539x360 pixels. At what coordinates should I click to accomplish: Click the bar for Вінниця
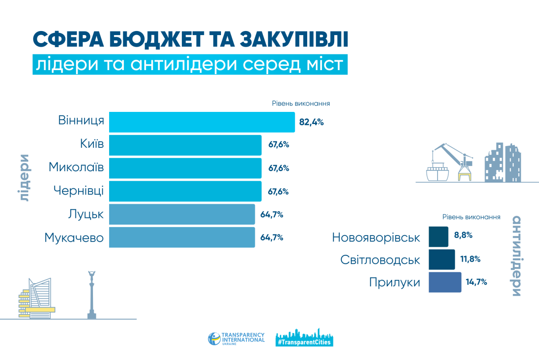point(202,122)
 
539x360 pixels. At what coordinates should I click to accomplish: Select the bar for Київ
point(185,145)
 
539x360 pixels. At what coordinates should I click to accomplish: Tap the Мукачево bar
point(182,237)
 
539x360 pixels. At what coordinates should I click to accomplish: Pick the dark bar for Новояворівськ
point(438,236)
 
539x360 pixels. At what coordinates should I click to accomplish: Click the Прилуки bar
point(445,282)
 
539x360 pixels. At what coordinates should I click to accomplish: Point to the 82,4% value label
point(311,122)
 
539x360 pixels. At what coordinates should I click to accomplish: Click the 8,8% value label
point(463,235)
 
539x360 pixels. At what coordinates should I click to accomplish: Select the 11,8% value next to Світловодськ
point(470,259)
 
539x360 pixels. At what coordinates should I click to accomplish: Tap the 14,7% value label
point(477,282)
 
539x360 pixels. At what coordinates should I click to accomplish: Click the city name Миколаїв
point(76,167)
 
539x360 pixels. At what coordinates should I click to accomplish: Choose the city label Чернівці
point(79,191)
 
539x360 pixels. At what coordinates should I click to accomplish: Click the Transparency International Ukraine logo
point(236,339)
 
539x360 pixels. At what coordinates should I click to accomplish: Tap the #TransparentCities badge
point(305,338)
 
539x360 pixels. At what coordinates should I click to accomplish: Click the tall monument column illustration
point(92,295)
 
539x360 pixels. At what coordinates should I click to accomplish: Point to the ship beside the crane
point(437,172)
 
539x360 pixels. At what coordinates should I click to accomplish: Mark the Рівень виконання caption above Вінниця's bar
point(301,103)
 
